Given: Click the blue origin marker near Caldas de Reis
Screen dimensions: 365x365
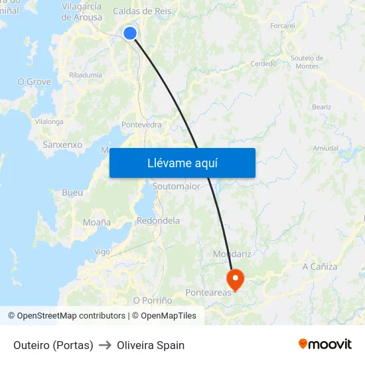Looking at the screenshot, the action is [x=130, y=33].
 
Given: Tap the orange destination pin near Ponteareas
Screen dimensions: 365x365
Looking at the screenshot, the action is [x=235, y=277].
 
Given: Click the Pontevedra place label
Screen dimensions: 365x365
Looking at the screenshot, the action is [x=141, y=125].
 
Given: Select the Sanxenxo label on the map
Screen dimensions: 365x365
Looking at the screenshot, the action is [x=62, y=144].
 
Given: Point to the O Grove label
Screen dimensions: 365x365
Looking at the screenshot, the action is [x=34, y=82].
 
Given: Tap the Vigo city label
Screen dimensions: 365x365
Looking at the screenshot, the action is [x=102, y=252].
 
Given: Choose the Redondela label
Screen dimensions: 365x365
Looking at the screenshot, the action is [x=158, y=220].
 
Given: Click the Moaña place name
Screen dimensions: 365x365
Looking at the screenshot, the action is [x=97, y=222].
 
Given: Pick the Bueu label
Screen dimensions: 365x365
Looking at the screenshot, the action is [x=72, y=192].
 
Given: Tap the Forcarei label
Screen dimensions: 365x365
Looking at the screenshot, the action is [x=283, y=25].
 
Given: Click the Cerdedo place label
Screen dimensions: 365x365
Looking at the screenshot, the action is [x=263, y=64].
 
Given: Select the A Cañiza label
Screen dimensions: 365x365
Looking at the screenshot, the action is [x=320, y=267].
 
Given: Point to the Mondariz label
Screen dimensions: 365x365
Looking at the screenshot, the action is [x=232, y=254].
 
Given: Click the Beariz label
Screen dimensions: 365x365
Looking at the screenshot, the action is [x=321, y=107].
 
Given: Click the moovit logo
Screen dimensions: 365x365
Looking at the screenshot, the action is [x=325, y=344].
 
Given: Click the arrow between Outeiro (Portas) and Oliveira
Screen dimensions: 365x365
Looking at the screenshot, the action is [x=105, y=345].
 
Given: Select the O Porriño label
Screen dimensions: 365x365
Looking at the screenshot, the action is [x=153, y=301].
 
